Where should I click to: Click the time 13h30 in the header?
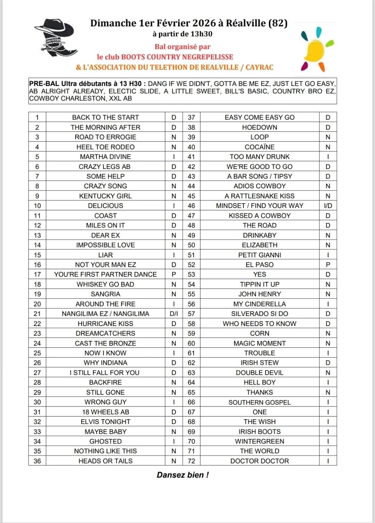[201, 34]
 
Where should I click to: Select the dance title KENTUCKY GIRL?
[105, 196]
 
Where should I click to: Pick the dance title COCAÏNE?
[259, 147]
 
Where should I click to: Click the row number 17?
[37, 274]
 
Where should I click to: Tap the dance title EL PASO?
[259, 265]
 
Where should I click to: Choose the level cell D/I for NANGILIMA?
[174, 314]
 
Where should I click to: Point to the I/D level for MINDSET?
[328, 206]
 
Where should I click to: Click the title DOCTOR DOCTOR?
[259, 461]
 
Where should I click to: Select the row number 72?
[191, 461]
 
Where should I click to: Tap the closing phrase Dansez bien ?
[183, 475]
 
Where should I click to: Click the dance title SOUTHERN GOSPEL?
[259, 402]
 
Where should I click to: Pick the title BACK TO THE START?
[105, 118]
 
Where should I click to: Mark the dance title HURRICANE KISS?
[105, 324]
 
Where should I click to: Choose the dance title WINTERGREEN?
[259, 441]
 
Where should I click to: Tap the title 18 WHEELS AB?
[105, 412]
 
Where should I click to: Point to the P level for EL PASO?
[328, 265]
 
